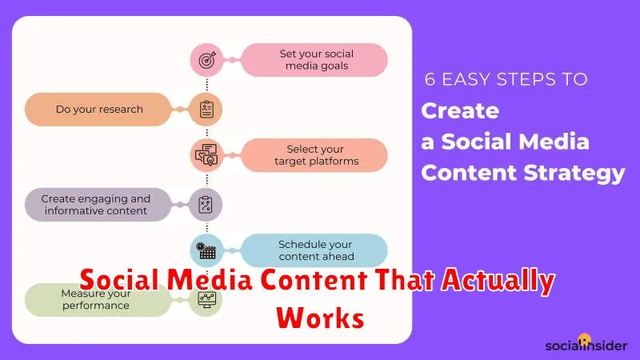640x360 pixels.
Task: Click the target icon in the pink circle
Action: (207, 61)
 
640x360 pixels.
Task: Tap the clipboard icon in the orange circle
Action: (206, 110)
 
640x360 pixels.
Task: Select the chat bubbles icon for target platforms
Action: (206, 154)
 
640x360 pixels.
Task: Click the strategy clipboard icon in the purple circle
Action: (206, 205)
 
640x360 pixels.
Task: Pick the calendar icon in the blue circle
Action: (206, 251)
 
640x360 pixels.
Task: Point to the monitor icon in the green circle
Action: (206, 299)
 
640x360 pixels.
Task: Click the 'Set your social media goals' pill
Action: (314, 60)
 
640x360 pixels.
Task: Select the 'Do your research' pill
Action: (98, 110)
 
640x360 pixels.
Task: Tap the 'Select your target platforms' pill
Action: (314, 155)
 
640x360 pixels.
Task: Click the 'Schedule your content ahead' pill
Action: (314, 250)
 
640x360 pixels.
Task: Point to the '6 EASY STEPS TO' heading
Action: (506, 79)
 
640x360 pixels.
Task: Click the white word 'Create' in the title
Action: (460, 110)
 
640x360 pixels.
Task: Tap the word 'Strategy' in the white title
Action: (574, 173)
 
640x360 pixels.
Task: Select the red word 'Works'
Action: (321, 318)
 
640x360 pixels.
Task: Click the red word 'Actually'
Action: (498, 281)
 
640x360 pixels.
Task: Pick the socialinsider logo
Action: (586, 344)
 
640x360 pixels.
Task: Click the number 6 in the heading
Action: (430, 79)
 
